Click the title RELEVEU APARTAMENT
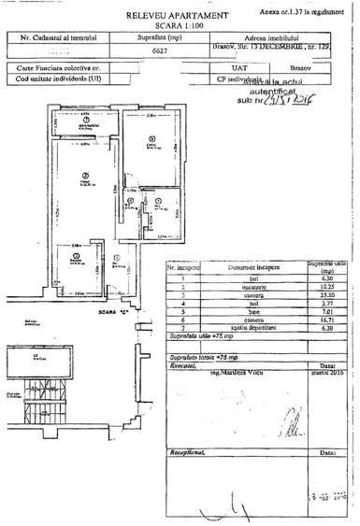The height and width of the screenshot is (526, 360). pyautogui.click(x=180, y=15)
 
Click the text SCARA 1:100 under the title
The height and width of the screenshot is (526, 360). pyautogui.click(x=180, y=25)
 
